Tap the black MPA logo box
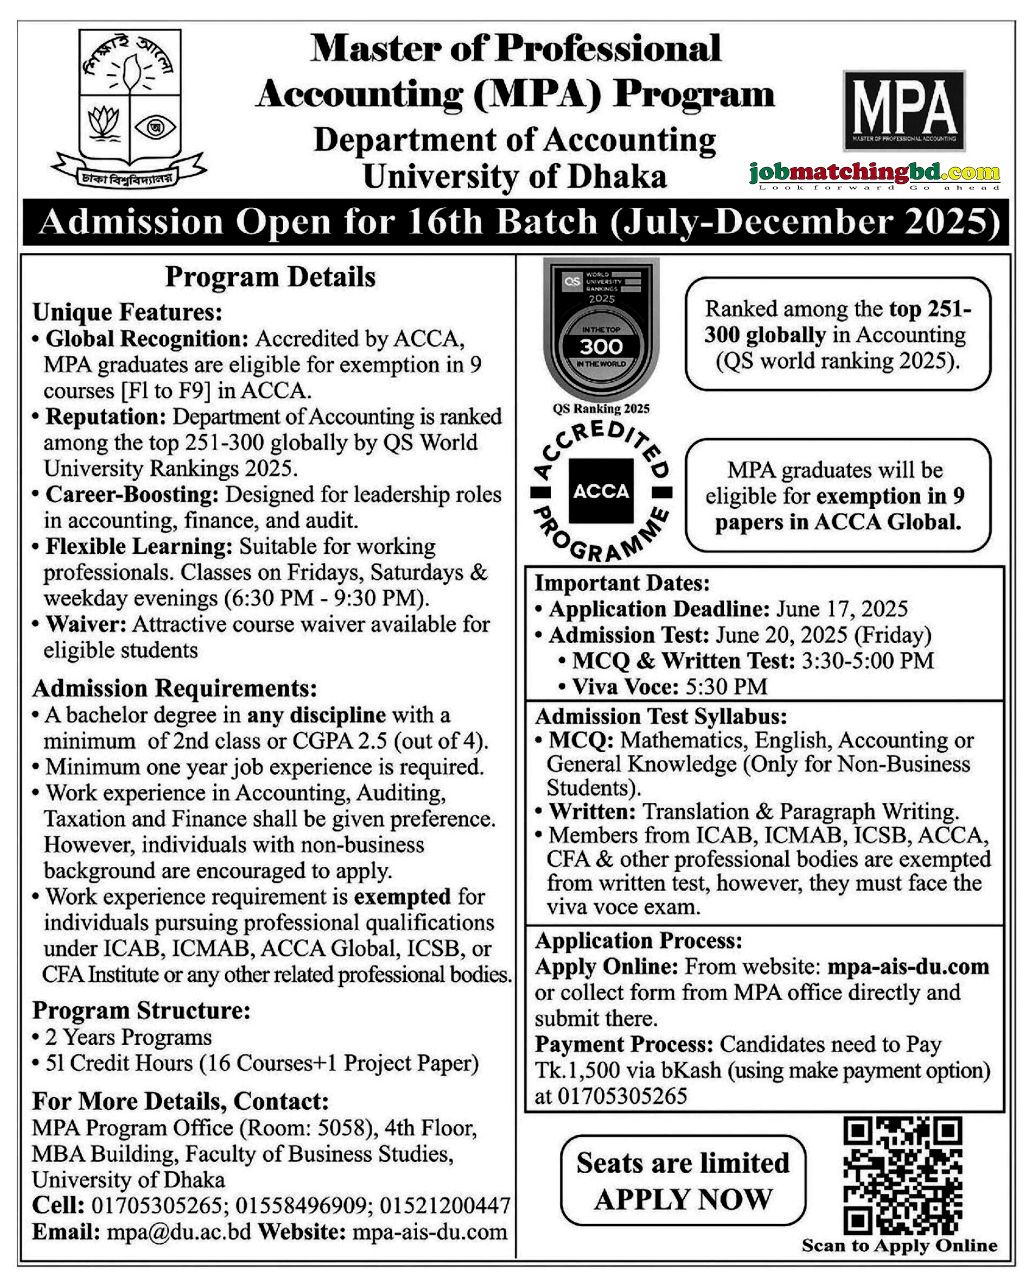point(903,111)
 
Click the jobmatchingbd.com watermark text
point(874,173)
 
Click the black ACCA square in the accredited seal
point(601,491)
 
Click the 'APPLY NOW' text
point(683,1199)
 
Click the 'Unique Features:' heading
point(127,312)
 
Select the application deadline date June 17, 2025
point(842,609)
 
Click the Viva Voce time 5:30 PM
point(726,687)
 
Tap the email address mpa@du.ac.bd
point(179,1232)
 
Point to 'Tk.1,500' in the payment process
point(565,1070)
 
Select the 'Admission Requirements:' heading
point(175,688)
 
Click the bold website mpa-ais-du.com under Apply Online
point(908,967)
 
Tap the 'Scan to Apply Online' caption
point(899,1245)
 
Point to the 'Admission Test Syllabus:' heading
point(660,716)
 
